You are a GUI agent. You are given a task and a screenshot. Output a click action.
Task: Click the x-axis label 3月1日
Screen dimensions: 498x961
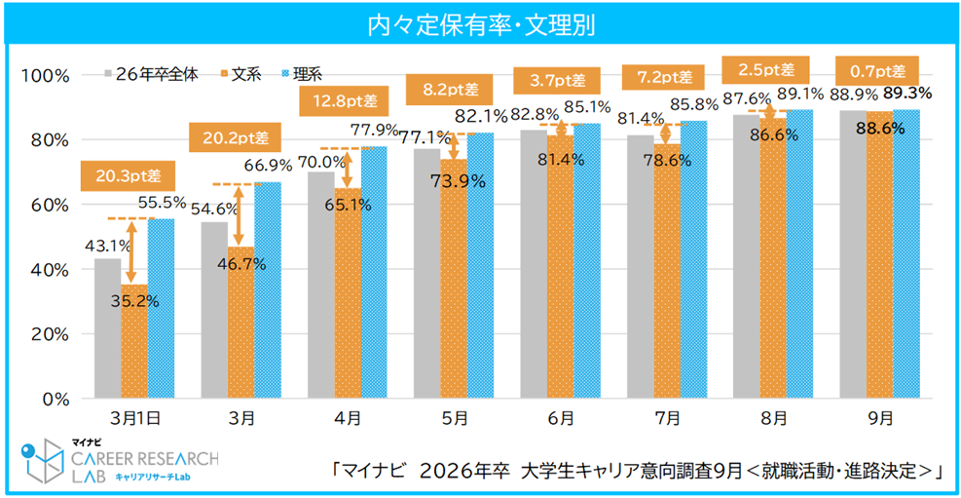[x=134, y=417]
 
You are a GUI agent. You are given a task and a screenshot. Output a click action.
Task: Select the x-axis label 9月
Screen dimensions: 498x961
[x=879, y=417]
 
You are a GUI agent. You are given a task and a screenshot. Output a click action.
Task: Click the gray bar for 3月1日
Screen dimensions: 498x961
[x=107, y=328]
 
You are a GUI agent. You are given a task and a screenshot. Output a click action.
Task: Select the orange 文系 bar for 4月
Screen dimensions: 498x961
[x=348, y=292]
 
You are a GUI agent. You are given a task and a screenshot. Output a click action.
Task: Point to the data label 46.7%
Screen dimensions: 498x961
[x=240, y=263]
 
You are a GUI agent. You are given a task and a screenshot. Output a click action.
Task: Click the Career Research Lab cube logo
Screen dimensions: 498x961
[x=41, y=461]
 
